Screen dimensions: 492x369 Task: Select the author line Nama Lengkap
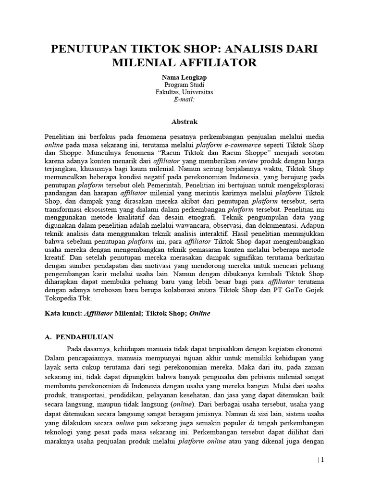click(x=184, y=77)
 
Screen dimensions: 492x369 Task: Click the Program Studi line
click(x=184, y=85)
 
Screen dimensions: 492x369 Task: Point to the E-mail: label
click(x=184, y=99)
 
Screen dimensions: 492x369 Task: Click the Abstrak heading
click(x=184, y=122)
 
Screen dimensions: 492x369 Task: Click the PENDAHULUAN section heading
click(x=86, y=337)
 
